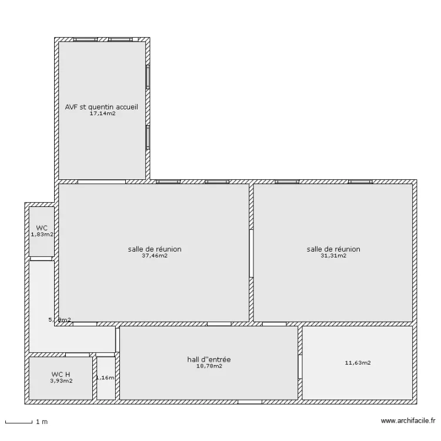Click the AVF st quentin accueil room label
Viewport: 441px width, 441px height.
(102, 107)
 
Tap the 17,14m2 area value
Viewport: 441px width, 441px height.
(102, 113)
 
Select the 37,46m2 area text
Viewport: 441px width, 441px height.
(154, 256)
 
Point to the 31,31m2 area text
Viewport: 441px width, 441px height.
(333, 256)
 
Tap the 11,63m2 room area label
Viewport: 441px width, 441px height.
(358, 363)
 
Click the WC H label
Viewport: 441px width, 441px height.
(61, 374)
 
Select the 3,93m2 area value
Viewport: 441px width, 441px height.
(61, 380)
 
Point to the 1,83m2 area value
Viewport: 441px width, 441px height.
(42, 234)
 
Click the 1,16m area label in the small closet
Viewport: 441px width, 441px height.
(105, 377)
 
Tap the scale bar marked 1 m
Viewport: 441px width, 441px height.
(18, 422)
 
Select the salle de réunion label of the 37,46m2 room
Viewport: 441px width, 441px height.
(154, 249)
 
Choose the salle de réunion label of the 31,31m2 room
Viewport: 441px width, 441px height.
(333, 249)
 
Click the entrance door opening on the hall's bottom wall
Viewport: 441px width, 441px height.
(249, 402)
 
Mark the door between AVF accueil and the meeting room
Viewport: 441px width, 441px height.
(101, 182)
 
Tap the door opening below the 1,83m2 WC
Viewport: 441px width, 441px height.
(41, 259)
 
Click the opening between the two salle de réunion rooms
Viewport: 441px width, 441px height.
(251, 253)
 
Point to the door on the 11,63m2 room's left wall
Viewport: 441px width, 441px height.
(300, 366)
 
